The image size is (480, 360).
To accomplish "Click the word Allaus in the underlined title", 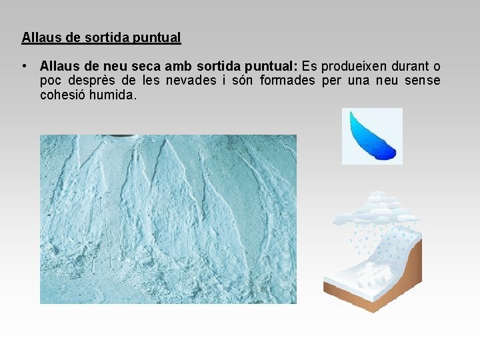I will (38, 37).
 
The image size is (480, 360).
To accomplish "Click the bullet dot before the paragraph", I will (24, 66).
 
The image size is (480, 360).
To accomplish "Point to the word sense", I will (423, 81).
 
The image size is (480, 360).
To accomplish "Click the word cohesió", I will (63, 95).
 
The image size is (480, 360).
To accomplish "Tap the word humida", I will (115, 95).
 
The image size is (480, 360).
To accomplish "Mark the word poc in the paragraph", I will (50, 81).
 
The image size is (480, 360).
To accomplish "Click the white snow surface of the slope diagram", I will (360, 270).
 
